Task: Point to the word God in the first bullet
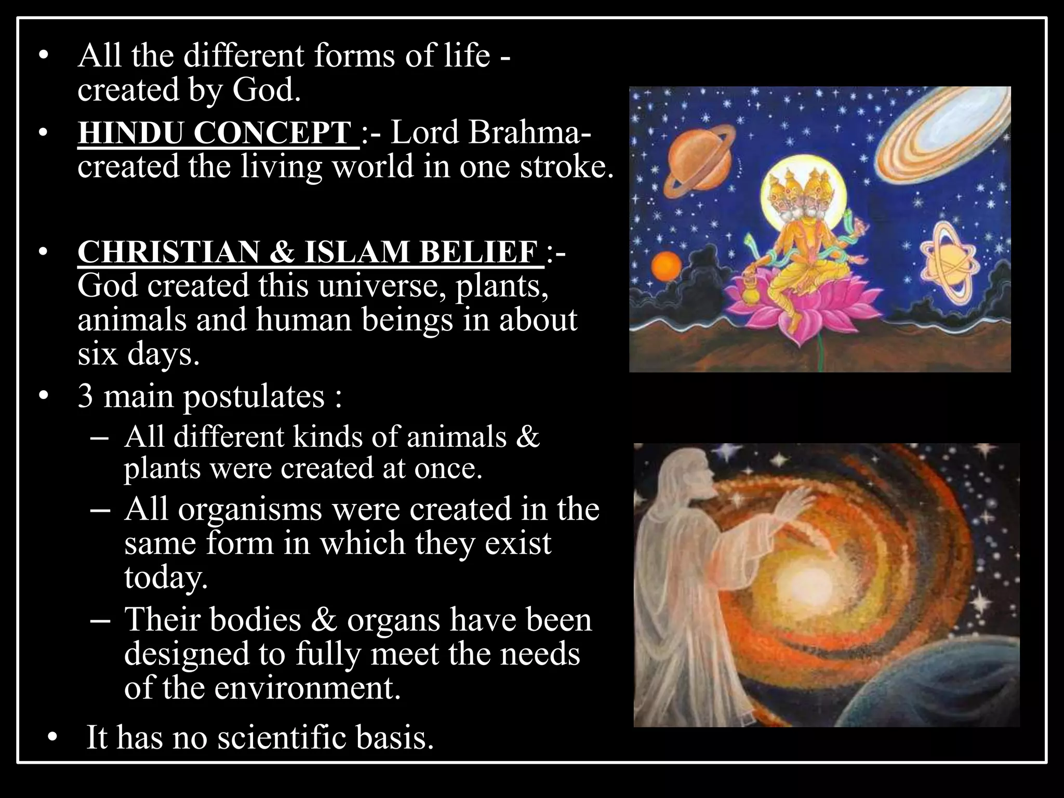click(x=265, y=89)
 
